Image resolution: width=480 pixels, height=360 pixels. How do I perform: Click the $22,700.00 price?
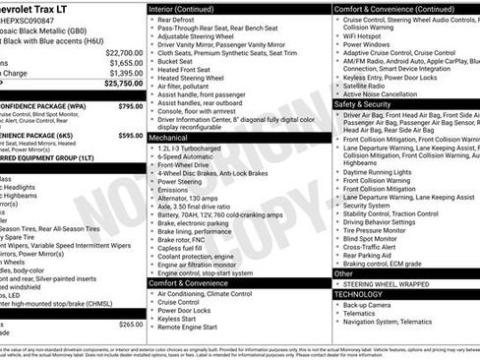pyautogui.click(x=124, y=52)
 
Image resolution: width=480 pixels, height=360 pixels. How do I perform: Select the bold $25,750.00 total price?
pyautogui.click(x=124, y=84)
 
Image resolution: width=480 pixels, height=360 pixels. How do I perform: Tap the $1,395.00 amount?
pyautogui.click(x=126, y=73)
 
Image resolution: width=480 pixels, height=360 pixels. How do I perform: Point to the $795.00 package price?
pyautogui.click(x=130, y=105)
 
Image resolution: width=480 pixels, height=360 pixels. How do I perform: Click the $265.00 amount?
pyautogui.click(x=130, y=324)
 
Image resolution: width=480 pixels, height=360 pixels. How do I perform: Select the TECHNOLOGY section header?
pyautogui.click(x=358, y=293)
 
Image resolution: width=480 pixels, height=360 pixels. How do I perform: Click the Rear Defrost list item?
pyautogui.click(x=180, y=20)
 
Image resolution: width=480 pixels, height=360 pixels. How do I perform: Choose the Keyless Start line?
pyautogui.click(x=180, y=318)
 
